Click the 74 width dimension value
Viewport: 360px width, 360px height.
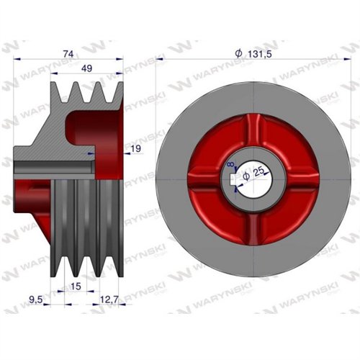[x=68, y=54]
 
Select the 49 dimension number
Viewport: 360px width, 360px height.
[x=86, y=68]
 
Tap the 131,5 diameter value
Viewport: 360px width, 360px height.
[x=259, y=55]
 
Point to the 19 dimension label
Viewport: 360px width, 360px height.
[x=136, y=149]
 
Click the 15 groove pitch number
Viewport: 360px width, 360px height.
[x=76, y=287]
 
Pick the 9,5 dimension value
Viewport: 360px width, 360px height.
[x=35, y=300]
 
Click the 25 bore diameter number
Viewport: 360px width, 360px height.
[x=258, y=172]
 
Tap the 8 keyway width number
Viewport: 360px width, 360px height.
[x=230, y=164]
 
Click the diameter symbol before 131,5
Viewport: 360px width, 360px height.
[x=239, y=53]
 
